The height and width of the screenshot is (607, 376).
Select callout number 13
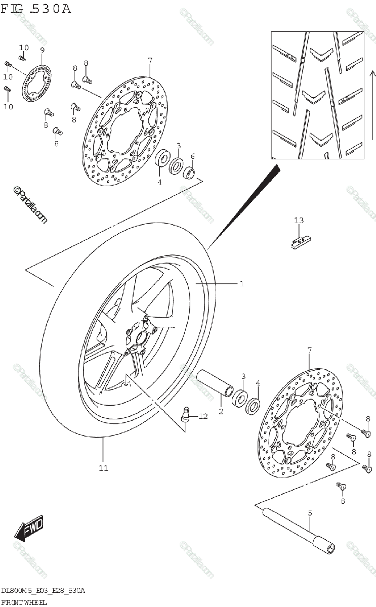coord(299,220)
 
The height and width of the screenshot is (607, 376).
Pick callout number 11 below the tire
coord(103,468)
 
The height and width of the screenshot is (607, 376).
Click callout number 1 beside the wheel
coord(242,284)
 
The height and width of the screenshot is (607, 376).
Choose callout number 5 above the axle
coord(310,512)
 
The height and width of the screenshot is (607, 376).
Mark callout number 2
coord(221,412)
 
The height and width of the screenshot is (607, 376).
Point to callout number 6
coord(192,156)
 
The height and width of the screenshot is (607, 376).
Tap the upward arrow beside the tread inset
coord(371,101)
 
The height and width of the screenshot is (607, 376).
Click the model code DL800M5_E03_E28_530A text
coord(43,591)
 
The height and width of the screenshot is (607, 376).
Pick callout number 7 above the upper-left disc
coord(150,61)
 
